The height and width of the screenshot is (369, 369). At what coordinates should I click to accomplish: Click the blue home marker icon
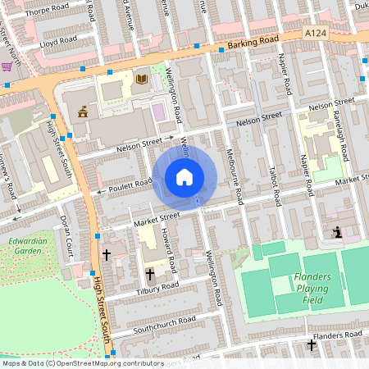[184, 176]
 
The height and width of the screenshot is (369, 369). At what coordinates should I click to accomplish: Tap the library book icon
[142, 79]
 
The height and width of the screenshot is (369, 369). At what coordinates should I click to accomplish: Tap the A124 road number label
[314, 32]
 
